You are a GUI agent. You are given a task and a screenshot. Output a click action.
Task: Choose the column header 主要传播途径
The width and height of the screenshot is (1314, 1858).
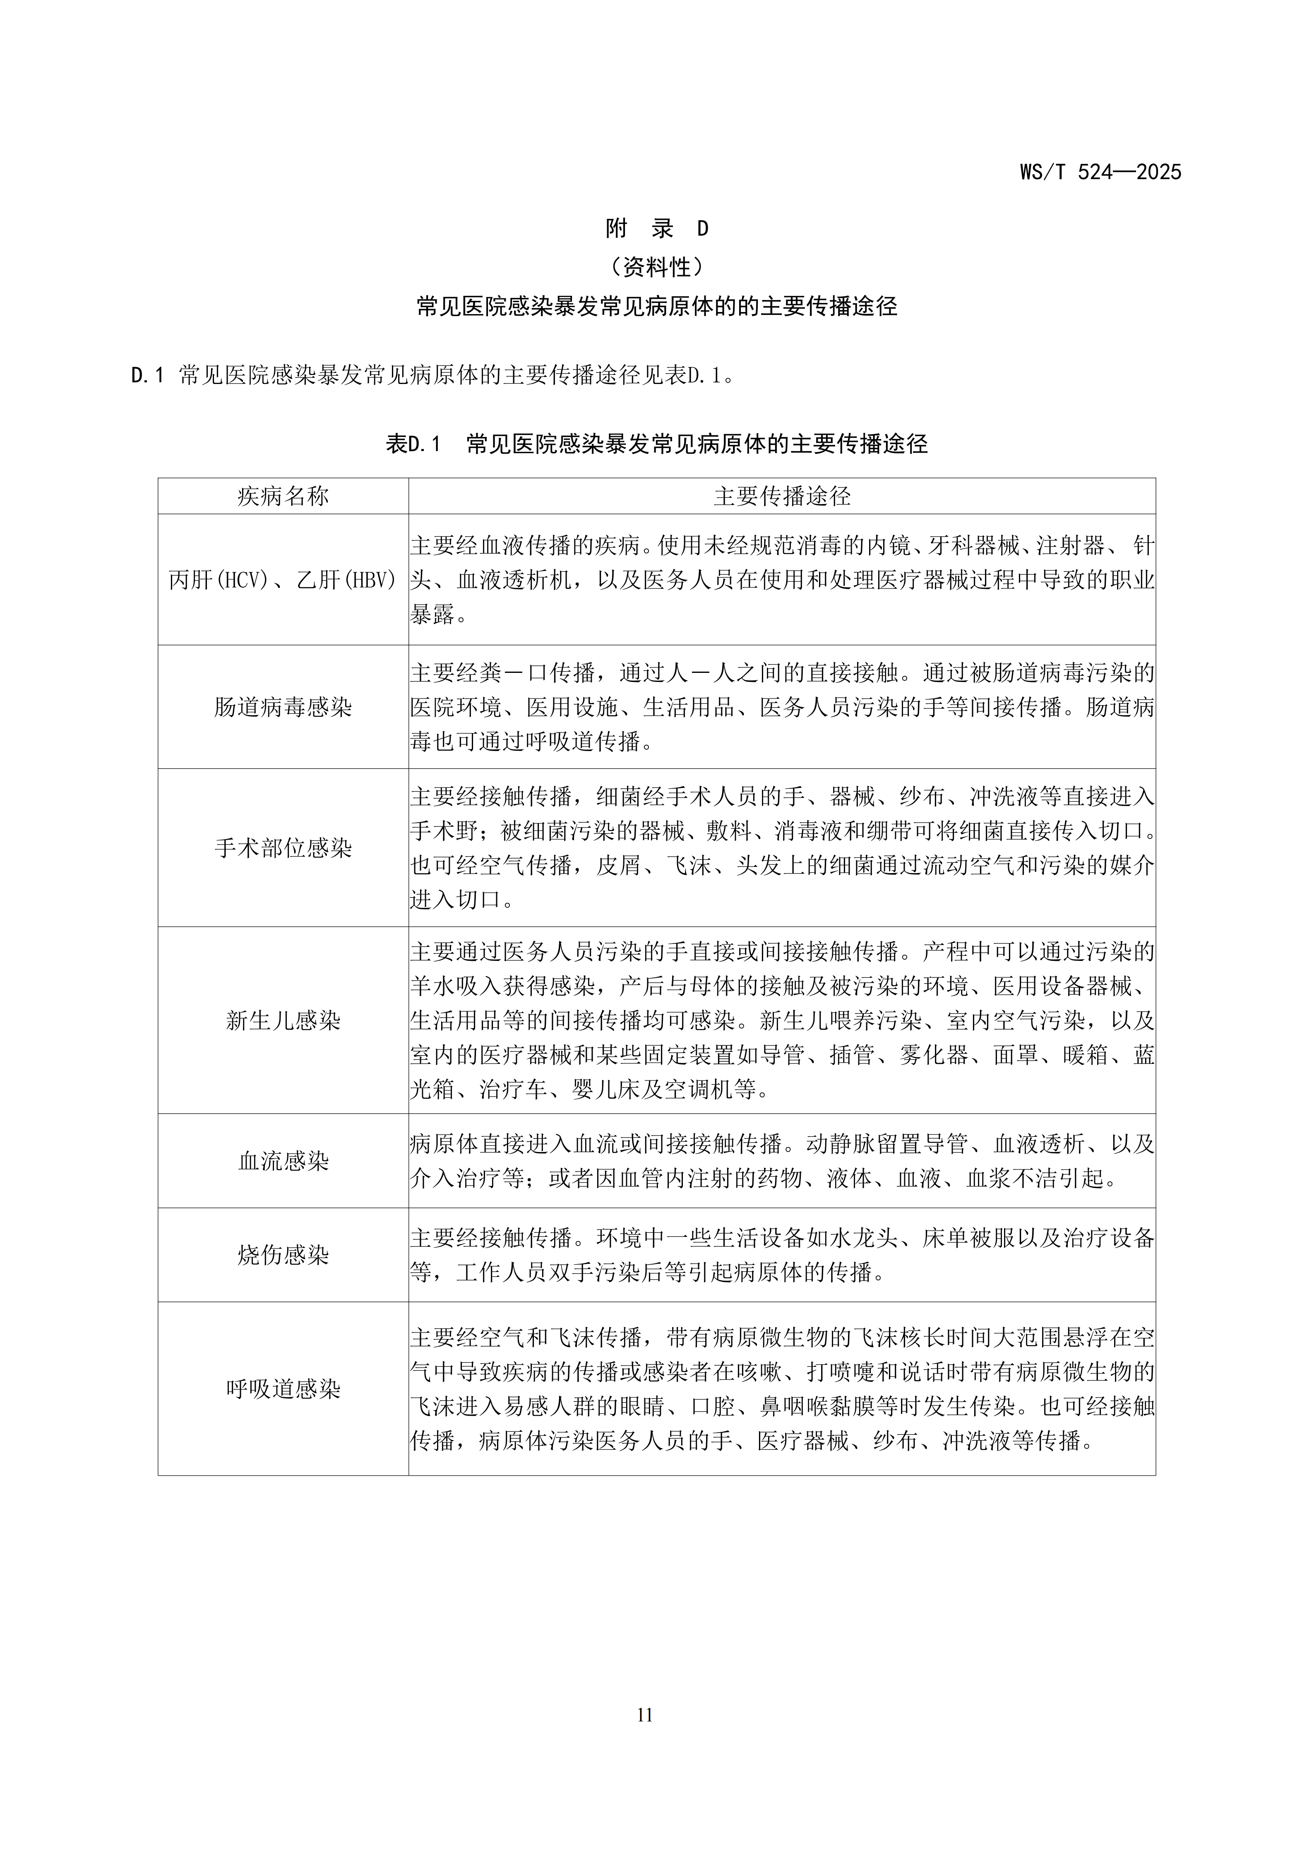click(782, 496)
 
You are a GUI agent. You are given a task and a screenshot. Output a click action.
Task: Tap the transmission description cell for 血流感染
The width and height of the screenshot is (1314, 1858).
click(782, 1161)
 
